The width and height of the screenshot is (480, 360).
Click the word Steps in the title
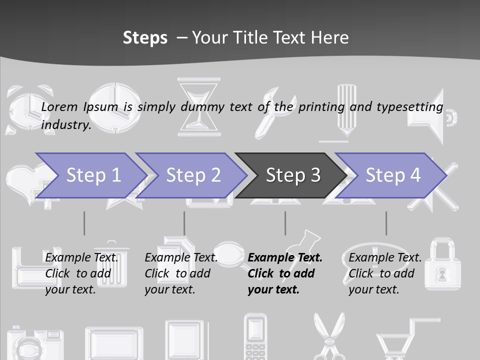click(145, 37)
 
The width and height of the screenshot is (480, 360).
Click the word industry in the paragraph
click(66, 124)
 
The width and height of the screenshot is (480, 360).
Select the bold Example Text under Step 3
click(285, 258)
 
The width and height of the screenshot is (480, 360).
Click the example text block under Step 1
click(82, 273)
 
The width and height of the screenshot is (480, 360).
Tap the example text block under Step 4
click(385, 273)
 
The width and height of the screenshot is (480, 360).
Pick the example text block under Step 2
click(181, 273)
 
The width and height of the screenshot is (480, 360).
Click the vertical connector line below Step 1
click(84, 223)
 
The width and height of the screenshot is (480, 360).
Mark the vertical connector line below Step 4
click(386, 223)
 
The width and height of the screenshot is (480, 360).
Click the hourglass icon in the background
click(199, 106)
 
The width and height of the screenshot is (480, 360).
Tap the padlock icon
click(442, 264)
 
